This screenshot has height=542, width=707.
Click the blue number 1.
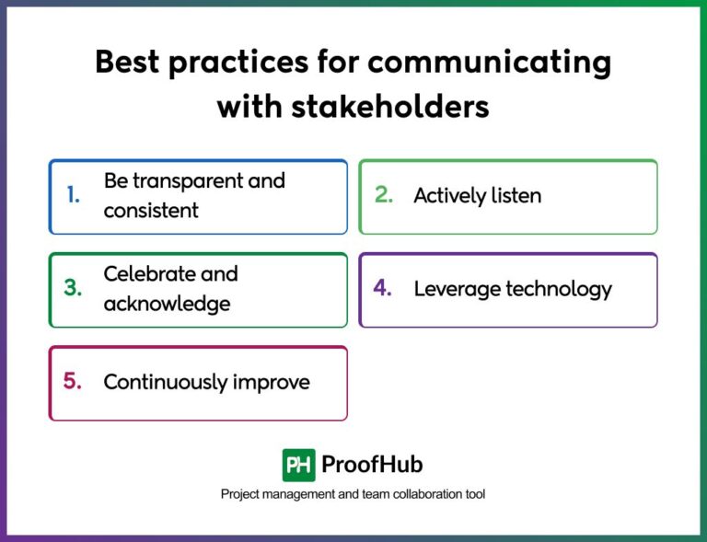click(73, 194)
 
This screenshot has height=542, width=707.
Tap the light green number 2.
click(384, 194)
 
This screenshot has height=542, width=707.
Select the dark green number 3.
click(73, 288)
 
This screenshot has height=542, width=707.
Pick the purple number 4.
click(383, 288)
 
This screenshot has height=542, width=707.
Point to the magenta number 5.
click(73, 381)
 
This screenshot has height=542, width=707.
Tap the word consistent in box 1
click(151, 211)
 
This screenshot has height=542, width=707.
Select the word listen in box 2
click(516, 195)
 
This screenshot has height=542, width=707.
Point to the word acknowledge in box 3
click(167, 304)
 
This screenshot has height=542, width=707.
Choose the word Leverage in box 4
click(452, 289)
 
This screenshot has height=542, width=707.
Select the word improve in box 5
click(275, 382)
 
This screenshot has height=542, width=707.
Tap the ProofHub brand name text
click(372, 465)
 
